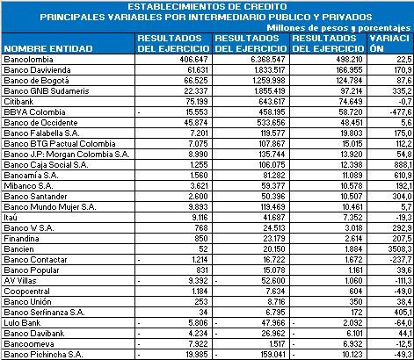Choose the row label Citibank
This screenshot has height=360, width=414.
pyautogui.click(x=19, y=101)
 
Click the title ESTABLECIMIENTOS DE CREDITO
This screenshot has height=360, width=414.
pyautogui.click(x=206, y=6)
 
